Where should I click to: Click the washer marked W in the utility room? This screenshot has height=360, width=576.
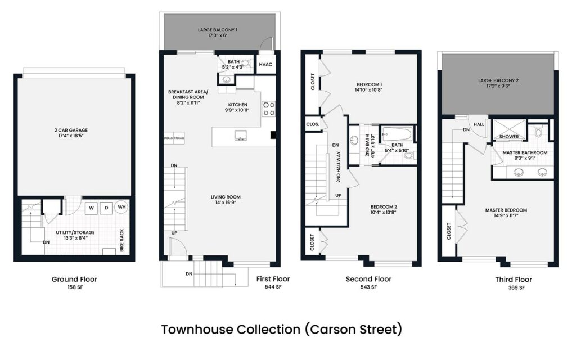[x=91, y=208]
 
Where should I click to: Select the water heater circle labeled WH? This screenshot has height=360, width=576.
[x=121, y=207]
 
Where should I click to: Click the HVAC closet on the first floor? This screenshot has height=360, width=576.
[x=265, y=64]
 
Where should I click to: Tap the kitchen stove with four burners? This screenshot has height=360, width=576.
[x=269, y=108]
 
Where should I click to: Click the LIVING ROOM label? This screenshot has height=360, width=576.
[x=226, y=197]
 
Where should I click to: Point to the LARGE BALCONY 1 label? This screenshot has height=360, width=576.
[x=217, y=29]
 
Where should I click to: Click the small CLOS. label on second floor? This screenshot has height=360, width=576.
[x=313, y=124]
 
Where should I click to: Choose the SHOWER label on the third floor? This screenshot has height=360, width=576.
[x=508, y=136]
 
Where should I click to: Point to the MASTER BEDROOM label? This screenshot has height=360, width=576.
[x=506, y=210]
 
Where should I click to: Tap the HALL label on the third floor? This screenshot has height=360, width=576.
[x=479, y=124]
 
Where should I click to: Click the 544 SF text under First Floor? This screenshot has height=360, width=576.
[x=273, y=287]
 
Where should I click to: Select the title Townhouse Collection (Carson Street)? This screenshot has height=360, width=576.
[x=281, y=329]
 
